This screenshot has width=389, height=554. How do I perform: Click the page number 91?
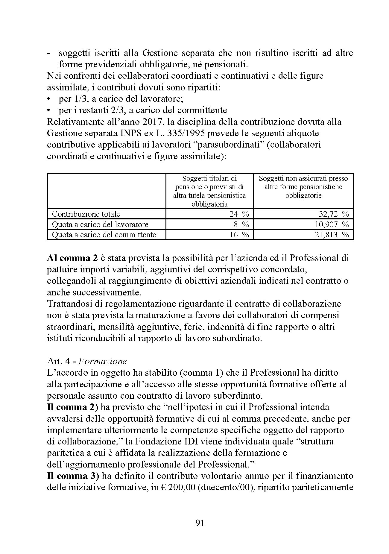click(200, 523)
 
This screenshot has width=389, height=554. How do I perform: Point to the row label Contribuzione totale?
click(86, 214)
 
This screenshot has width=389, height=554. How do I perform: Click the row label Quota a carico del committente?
click(104, 235)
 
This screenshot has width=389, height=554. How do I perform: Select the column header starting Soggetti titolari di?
click(209, 191)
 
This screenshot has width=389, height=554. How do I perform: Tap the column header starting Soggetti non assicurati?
click(303, 187)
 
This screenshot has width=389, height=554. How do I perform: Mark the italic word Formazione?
click(103, 361)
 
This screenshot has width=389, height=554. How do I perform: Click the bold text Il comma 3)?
click(73, 476)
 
